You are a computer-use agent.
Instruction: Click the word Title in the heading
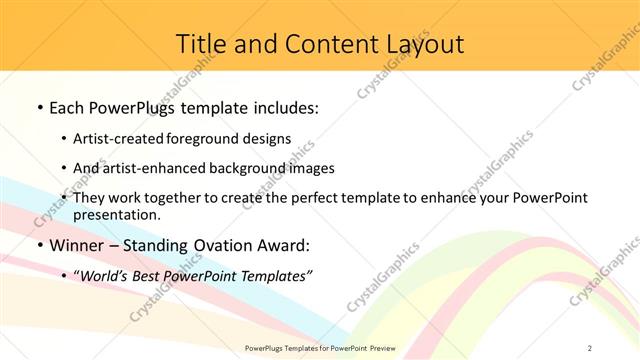[x=198, y=44]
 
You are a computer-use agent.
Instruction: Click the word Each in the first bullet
[x=69, y=107]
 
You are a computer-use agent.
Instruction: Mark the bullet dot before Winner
[x=39, y=245]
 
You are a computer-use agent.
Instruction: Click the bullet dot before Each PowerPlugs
[x=39, y=107]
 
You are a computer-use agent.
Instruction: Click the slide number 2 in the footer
[x=590, y=347]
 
